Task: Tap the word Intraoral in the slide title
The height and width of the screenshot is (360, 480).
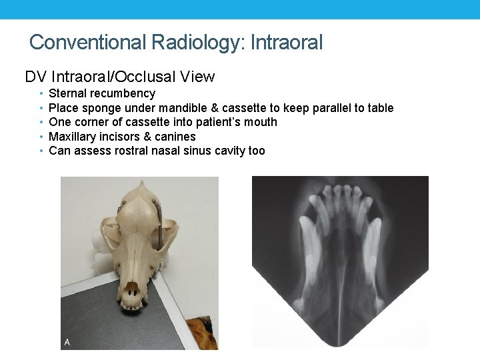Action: pos(287,43)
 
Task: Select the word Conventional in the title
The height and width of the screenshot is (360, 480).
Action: pos(88,43)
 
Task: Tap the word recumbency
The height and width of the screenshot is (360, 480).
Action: pos(123,93)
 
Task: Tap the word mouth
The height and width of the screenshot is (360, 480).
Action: pos(260,122)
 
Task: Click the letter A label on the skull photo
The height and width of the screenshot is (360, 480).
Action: pos(67,342)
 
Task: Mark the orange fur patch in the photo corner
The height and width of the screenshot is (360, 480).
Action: pos(202,331)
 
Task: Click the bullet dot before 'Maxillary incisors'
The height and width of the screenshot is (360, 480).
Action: pos(41,137)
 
